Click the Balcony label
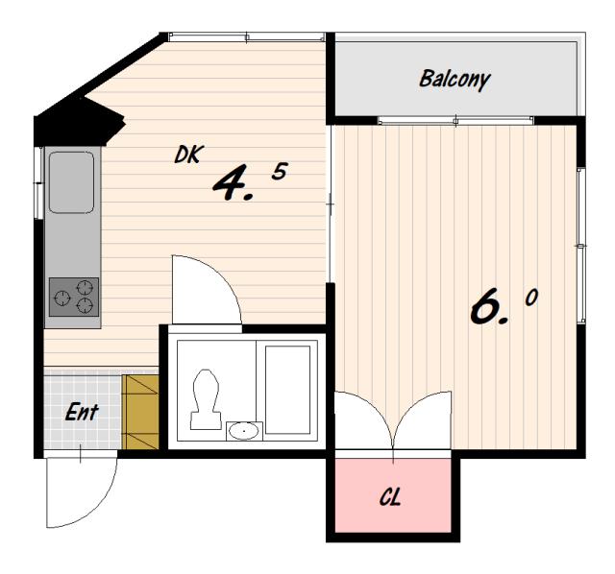pos(455,80)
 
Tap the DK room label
pos(188,154)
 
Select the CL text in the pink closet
pos(390,497)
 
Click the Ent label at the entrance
pos(82,412)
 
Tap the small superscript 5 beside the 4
pos(280,171)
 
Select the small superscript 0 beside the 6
pos(531,298)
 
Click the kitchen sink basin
pos(71,182)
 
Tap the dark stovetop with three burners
pos(74,297)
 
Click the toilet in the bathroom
pos(206,399)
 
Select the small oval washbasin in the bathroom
pos(244,431)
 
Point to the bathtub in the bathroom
pos(287,390)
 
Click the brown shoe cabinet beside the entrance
pos(140,412)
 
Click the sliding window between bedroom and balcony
pos(455,121)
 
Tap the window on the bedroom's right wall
pos(581,246)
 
